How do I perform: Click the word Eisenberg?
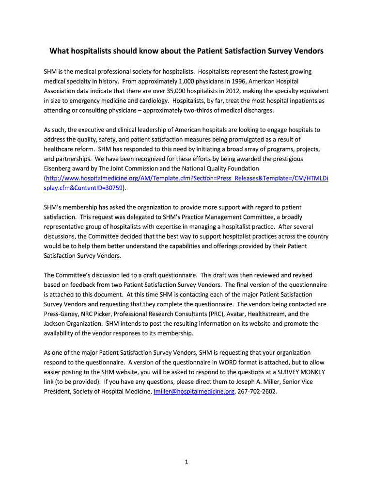60,168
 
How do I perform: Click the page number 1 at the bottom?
186,462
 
